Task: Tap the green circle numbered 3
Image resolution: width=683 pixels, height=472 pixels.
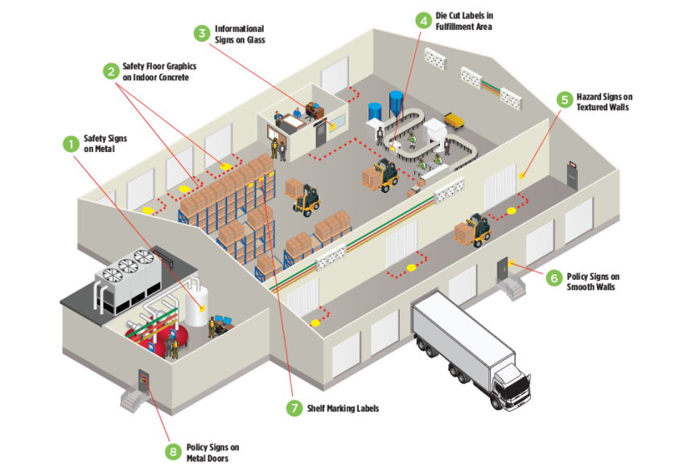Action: pyautogui.click(x=202, y=33)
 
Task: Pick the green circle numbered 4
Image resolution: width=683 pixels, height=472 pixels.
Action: pyautogui.click(x=423, y=20)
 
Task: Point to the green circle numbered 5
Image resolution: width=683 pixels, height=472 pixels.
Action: pyautogui.click(x=565, y=101)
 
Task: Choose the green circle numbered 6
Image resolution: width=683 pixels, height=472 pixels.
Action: pyautogui.click(x=553, y=278)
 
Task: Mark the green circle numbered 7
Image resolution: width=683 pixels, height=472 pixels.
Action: pyautogui.click(x=295, y=408)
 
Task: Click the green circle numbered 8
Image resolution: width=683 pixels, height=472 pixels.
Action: pyautogui.click(x=172, y=451)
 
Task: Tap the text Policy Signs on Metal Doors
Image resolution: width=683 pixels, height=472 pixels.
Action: pyautogui.click(x=212, y=453)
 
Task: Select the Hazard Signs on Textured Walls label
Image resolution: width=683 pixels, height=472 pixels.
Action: pyautogui.click(x=603, y=101)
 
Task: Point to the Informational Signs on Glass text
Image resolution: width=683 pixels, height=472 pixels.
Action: pyautogui.click(x=239, y=34)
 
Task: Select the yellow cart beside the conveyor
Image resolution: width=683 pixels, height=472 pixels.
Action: pyautogui.click(x=454, y=121)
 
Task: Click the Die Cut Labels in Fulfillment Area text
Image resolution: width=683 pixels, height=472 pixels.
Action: pyautogui.click(x=464, y=21)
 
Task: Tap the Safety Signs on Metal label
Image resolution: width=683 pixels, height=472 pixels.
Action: pyautogui.click(x=105, y=144)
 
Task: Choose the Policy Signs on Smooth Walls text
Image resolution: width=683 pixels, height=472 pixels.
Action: pyautogui.click(x=593, y=281)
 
